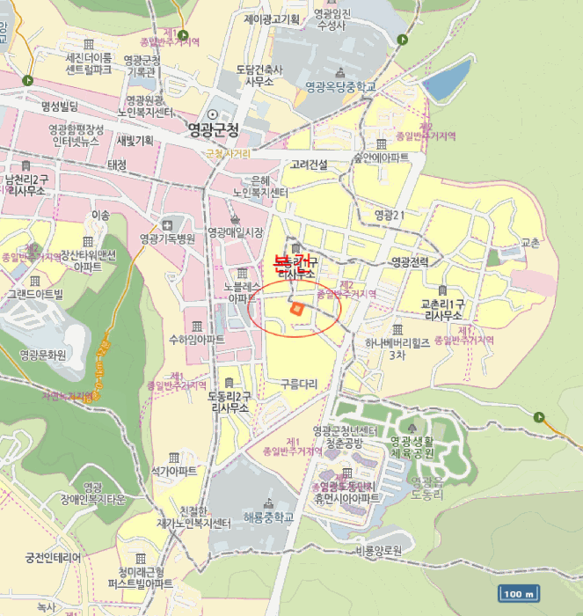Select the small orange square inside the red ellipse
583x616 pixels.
click(296, 308)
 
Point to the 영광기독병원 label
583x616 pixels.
click(167, 238)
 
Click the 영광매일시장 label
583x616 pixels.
click(235, 232)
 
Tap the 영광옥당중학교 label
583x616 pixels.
click(340, 86)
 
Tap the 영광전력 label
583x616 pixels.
click(409, 261)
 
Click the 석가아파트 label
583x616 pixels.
click(174, 471)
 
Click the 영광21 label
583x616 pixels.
click(389, 214)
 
